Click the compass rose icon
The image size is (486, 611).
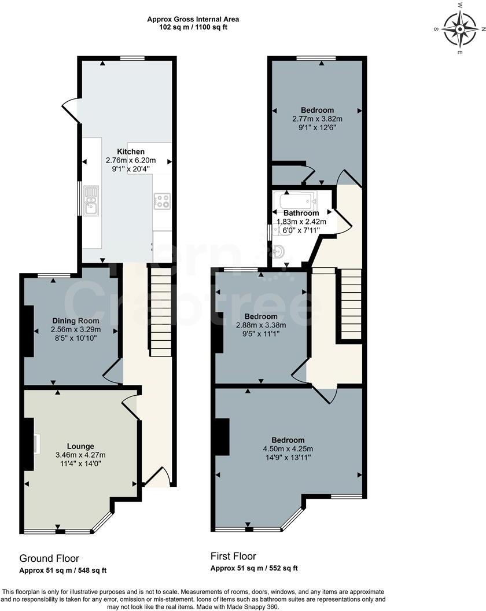460,30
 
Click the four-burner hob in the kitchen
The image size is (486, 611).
162,201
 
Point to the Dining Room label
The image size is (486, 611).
76,321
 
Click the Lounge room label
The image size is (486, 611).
80,446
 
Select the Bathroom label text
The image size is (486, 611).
301,213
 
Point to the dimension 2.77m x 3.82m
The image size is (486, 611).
318,119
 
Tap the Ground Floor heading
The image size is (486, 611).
49,558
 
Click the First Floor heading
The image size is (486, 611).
233,556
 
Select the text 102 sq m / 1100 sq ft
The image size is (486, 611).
193,27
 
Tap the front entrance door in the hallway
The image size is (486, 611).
156,476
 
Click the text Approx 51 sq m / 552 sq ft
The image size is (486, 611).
254,568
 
